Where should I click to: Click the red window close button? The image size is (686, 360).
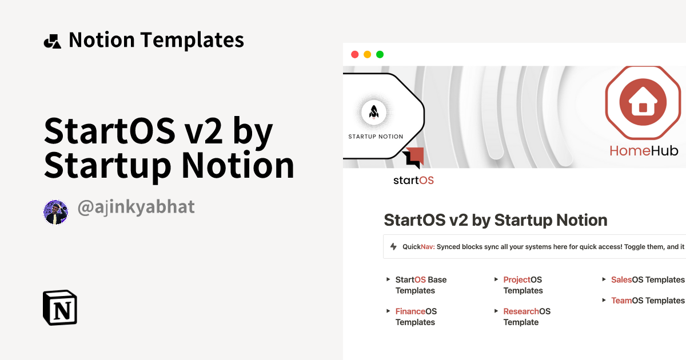(x=354, y=54)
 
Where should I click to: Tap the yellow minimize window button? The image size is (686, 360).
(x=367, y=54)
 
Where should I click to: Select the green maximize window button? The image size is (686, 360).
(x=380, y=54)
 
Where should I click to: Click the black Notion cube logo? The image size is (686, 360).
(x=60, y=307)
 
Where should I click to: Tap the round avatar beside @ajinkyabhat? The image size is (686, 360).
(x=56, y=212)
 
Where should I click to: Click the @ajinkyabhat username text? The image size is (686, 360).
(x=136, y=207)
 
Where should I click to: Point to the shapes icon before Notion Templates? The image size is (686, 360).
(x=52, y=41)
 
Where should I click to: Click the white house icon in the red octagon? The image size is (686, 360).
(x=643, y=103)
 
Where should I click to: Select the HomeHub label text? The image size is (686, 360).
(x=644, y=151)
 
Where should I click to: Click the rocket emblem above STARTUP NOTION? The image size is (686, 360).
(x=374, y=111)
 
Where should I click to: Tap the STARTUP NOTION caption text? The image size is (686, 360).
(x=376, y=137)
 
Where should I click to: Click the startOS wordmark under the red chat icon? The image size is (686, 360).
(x=413, y=181)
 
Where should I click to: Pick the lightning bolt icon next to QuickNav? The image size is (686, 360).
(x=393, y=247)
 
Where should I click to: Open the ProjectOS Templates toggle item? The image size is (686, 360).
(x=523, y=285)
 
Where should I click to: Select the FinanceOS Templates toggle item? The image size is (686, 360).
(x=416, y=317)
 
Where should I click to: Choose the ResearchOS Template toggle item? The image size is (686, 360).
(x=527, y=317)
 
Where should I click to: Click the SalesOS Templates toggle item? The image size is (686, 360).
(x=647, y=279)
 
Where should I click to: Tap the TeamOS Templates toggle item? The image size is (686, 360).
(x=647, y=300)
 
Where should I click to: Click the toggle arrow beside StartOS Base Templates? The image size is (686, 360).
(x=388, y=279)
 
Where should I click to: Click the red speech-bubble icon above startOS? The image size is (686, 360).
(x=413, y=157)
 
